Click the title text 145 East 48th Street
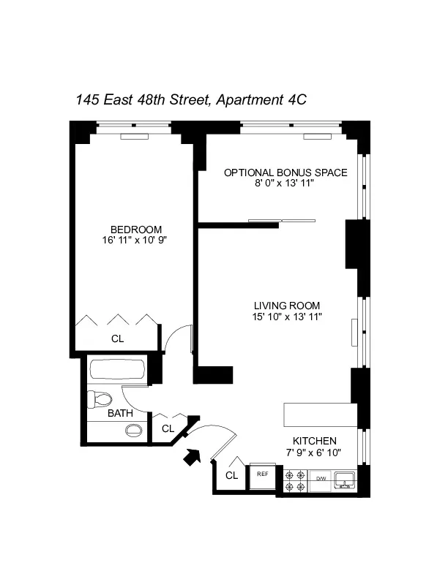(143, 100)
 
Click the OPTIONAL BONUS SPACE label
(285, 173)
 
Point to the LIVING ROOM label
(287, 305)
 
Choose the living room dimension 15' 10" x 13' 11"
(288, 316)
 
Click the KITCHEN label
(314, 441)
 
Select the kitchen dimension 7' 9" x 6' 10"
(315, 452)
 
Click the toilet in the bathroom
(100, 399)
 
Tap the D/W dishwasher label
(321, 479)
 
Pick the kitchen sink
(345, 480)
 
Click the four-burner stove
(296, 480)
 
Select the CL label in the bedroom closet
(117, 338)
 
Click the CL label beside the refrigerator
(231, 475)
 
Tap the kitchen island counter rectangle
(319, 415)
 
